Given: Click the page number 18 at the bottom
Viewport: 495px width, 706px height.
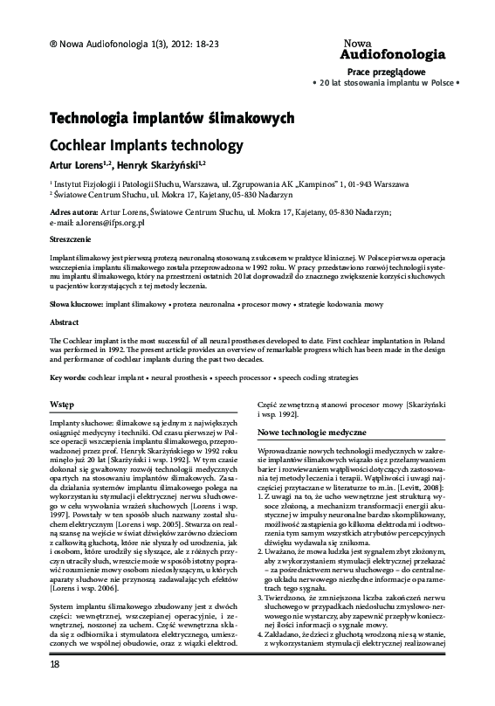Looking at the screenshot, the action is (x=31, y=689).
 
